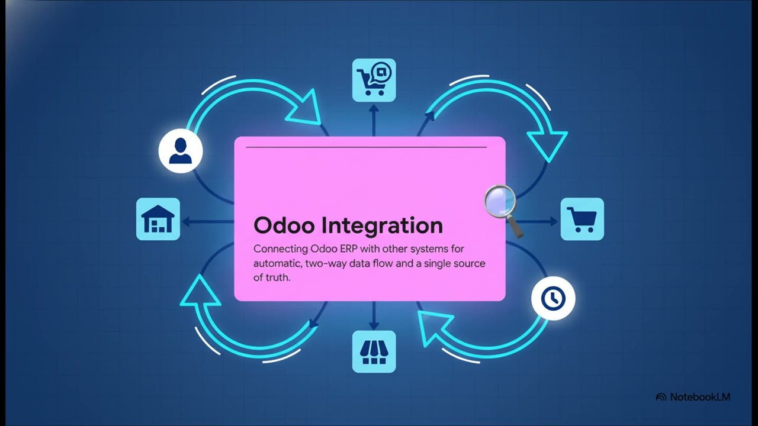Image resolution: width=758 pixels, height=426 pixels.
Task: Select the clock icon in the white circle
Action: point(553,298)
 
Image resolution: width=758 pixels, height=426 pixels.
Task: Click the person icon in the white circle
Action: point(181,151)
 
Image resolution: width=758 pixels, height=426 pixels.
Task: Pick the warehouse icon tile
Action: point(158,220)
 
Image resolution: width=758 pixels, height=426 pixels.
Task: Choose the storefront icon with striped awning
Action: point(374,351)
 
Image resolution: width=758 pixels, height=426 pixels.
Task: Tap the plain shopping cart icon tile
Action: point(582,220)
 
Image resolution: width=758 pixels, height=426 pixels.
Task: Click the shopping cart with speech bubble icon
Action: point(374,80)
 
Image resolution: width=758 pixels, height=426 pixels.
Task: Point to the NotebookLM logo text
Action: point(700,397)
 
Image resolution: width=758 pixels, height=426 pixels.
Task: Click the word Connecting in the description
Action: point(280,249)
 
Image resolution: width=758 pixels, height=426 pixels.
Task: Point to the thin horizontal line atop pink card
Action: point(366,147)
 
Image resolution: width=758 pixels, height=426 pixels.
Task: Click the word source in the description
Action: point(469,263)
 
